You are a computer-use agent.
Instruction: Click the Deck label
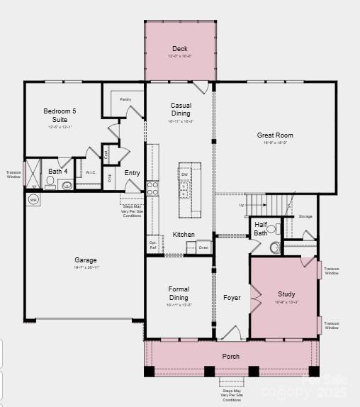pos(180,49)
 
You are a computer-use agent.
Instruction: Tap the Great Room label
pos(275,135)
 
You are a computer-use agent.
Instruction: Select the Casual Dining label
pos(181,109)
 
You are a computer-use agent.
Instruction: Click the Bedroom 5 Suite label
pos(60,116)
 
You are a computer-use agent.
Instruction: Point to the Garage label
pos(86,260)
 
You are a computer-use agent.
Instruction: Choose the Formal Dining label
pos(179,293)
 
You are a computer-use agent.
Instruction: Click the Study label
pos(286,294)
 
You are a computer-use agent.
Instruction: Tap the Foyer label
pos(232,298)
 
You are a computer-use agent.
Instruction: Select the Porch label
pos(231,356)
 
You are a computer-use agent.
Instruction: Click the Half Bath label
pos(261,228)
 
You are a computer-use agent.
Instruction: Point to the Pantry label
pos(125,99)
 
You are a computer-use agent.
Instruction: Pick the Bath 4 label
pos(58,171)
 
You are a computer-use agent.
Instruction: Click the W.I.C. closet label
pos(91,172)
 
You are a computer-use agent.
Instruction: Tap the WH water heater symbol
pos(33,200)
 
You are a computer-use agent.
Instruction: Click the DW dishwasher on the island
pos(184,174)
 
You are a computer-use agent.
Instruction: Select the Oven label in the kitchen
pos(203,247)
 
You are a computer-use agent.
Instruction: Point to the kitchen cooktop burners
pos(152,188)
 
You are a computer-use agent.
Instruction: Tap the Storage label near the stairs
pos(305,216)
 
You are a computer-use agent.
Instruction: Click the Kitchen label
pos(184,235)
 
